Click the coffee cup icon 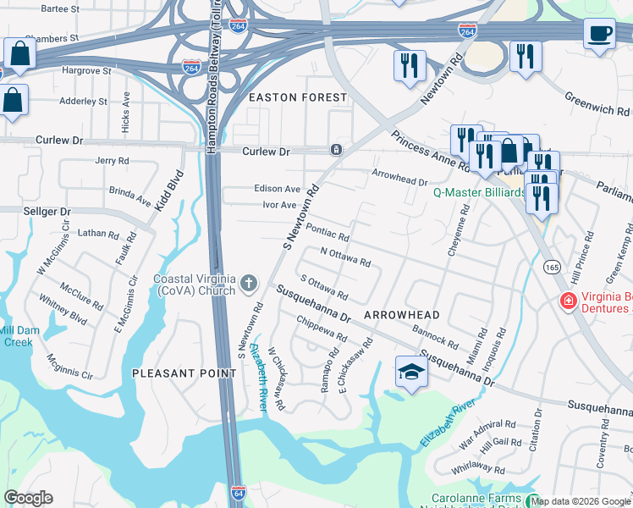pyautogui.click(x=599, y=34)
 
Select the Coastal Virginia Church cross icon pyautogui.click(x=250, y=282)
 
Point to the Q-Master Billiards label pyautogui.click(x=479, y=192)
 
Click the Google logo pyautogui.click(x=28, y=498)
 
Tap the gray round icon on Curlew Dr pyautogui.click(x=336, y=150)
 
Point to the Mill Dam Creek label pyautogui.click(x=16, y=335)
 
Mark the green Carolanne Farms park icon pyautogui.click(x=532, y=500)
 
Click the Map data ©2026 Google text pyautogui.click(x=581, y=501)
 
